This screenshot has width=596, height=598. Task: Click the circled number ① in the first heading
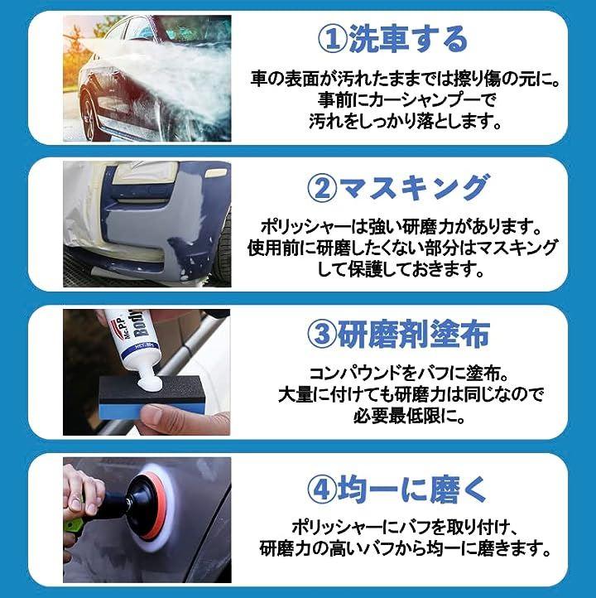(x=332, y=40)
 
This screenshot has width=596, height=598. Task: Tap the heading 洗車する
(x=408, y=39)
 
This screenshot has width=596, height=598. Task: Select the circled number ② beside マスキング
(x=322, y=188)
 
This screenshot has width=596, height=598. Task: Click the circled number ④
(x=322, y=489)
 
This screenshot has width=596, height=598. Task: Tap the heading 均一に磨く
(x=412, y=489)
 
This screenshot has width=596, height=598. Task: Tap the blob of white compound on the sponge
(x=150, y=381)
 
